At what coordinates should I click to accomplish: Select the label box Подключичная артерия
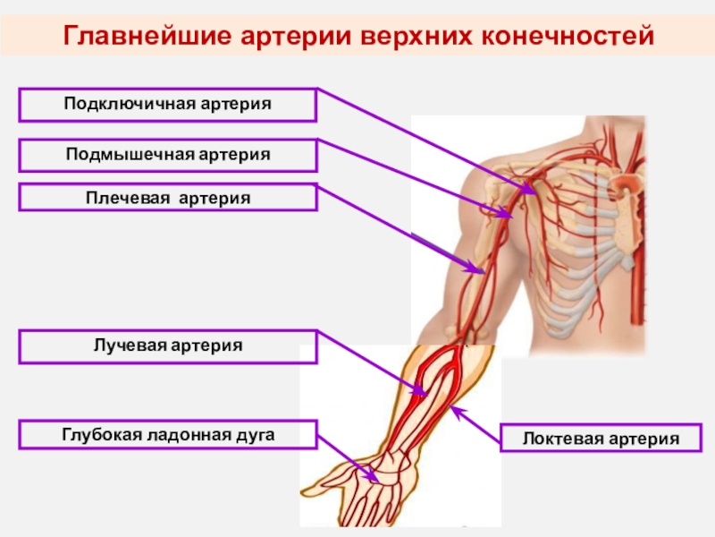click(167, 105)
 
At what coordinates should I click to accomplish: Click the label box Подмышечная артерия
click(167, 155)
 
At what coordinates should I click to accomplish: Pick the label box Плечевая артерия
click(167, 197)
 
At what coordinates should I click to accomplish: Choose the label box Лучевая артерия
click(167, 345)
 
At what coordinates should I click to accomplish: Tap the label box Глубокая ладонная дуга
click(167, 435)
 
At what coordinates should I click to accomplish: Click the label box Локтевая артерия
click(601, 439)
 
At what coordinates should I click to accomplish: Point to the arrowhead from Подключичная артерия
click(533, 191)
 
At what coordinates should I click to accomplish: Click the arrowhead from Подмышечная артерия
click(509, 215)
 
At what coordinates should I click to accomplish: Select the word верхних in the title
click(416, 37)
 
